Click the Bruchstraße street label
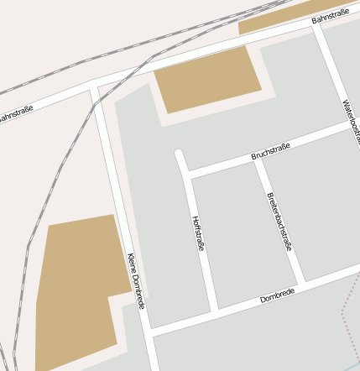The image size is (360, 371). pos(270,152)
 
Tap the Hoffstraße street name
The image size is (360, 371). pos(199,233)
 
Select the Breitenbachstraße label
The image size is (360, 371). pos(279,222)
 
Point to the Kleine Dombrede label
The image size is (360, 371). pos(136,280)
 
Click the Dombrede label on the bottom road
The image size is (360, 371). pos(277,294)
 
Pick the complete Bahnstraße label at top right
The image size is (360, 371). pos(330,14)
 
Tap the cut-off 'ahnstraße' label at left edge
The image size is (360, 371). pos(16,112)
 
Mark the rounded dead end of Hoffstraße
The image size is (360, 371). pos(179,154)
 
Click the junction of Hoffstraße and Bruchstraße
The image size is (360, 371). pos(189,175)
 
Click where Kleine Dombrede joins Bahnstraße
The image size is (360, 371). pos(95,86)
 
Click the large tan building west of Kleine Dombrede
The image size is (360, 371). pos(76,285)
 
